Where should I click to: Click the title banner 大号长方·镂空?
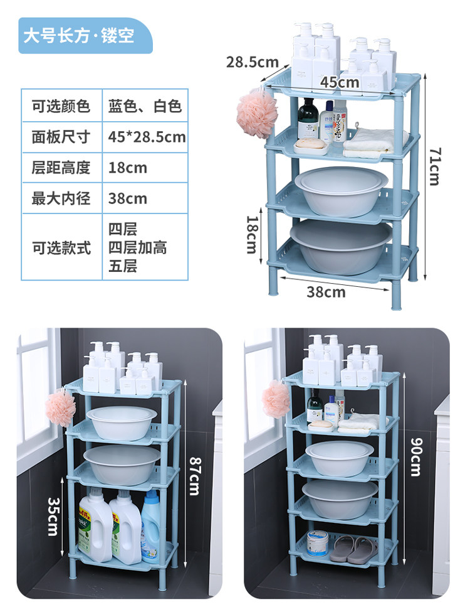tap(79, 35)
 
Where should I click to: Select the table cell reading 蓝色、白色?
tap(145, 106)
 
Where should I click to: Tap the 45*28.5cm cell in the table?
tap(147, 137)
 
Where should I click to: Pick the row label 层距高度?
tap(61, 168)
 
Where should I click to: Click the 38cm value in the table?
tap(128, 198)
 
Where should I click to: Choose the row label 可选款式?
tap(61, 247)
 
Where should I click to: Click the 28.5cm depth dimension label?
tap(252, 62)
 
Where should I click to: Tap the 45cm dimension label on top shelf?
tap(340, 82)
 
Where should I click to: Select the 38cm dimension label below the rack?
tap(326, 291)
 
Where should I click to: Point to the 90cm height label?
tap(415, 456)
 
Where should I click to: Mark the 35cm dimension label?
tap(53, 517)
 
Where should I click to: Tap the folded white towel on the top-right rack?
tap(370, 144)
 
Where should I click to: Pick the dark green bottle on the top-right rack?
tap(308, 119)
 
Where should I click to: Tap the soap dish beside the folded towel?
tap(311, 147)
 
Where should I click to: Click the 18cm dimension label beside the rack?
tap(251, 234)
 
